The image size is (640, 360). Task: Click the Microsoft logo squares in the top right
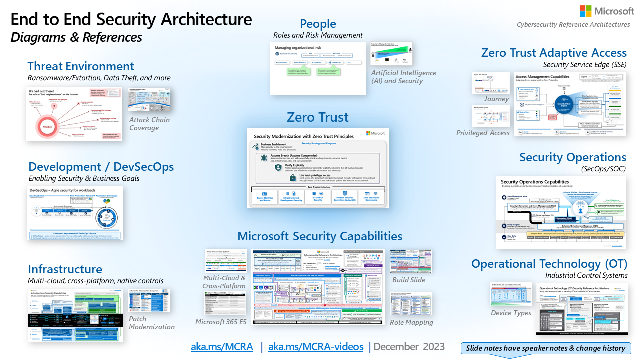586,11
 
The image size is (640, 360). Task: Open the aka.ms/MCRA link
222,347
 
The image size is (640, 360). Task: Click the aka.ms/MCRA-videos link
316,347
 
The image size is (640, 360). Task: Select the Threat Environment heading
81,66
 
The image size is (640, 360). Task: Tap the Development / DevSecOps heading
101,167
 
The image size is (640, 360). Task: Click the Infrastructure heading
65,269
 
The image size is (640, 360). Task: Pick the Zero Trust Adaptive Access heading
554,53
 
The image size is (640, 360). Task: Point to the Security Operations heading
572,157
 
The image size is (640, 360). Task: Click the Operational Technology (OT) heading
549,263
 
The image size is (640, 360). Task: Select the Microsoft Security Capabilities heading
320,236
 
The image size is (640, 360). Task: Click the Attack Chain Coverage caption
149,124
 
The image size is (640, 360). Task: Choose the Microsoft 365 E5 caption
221,322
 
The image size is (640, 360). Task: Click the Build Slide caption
409,280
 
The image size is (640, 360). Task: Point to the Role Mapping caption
411,323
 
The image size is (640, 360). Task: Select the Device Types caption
511,313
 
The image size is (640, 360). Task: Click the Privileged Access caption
483,133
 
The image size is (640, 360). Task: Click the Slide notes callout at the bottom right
545,348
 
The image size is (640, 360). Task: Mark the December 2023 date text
409,347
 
